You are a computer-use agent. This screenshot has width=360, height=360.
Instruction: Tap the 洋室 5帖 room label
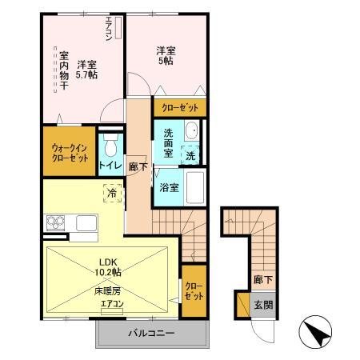pyautogui.click(x=166, y=57)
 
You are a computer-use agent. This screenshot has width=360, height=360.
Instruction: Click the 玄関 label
pyautogui.click(x=263, y=304)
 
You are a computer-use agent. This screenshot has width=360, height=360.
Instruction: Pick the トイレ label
pyautogui.click(x=110, y=166)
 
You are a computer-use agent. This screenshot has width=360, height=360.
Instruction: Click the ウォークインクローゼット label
pyautogui.click(x=70, y=152)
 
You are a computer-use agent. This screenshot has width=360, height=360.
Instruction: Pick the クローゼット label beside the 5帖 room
pyautogui.click(x=180, y=107)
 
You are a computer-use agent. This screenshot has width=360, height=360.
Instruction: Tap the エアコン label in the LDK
pyautogui.click(x=111, y=304)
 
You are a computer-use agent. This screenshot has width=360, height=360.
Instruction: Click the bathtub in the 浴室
pyautogui.click(x=196, y=189)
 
